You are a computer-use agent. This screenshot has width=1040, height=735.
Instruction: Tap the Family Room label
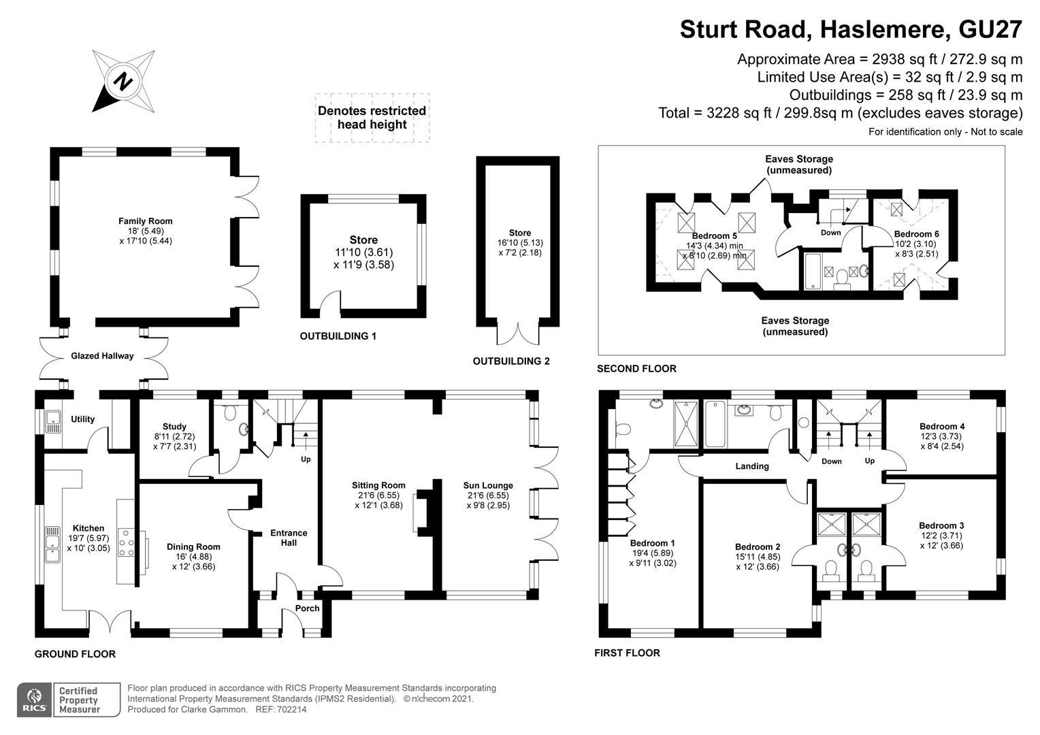(145, 221)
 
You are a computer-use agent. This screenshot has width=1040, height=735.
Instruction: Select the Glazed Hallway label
(102, 356)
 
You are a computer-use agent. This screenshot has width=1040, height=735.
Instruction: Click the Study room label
(174, 427)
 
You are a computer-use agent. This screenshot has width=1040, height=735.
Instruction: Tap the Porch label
(307, 608)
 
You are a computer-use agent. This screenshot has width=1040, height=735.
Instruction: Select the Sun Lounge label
(488, 485)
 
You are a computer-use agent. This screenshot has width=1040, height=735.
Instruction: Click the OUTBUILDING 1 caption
(338, 336)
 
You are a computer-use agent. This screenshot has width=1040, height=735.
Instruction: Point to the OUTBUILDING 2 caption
(511, 361)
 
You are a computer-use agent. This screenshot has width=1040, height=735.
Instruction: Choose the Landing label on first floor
(752, 466)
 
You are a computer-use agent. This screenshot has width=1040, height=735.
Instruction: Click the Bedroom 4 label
(942, 427)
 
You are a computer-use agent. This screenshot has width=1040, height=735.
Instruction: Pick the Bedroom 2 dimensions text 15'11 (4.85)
(758, 557)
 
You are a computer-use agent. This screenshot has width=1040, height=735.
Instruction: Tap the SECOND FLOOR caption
(636, 369)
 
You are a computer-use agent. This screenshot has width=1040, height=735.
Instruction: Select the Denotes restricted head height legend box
(372, 118)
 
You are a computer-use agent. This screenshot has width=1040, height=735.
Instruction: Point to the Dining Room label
(193, 546)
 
